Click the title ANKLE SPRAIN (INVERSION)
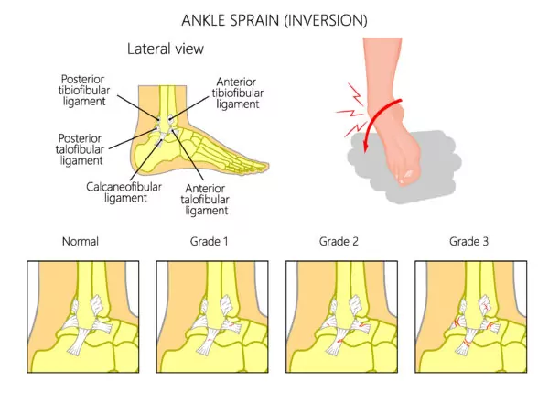point(274,20)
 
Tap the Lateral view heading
point(166,49)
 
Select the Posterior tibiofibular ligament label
point(84,90)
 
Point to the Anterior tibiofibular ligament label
point(237,93)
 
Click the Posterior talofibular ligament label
point(80,149)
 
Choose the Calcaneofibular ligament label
point(124,192)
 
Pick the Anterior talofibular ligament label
point(205,200)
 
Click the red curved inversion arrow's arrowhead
point(365,146)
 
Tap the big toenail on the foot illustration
point(408,173)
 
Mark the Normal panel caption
point(81,241)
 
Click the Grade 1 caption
point(209,241)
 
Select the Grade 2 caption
point(339,241)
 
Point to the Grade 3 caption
point(468,241)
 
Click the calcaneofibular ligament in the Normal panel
point(79,340)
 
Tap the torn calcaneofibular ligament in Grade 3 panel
point(467,341)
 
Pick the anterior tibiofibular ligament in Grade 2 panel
point(356,305)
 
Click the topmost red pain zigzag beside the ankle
point(356,94)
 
